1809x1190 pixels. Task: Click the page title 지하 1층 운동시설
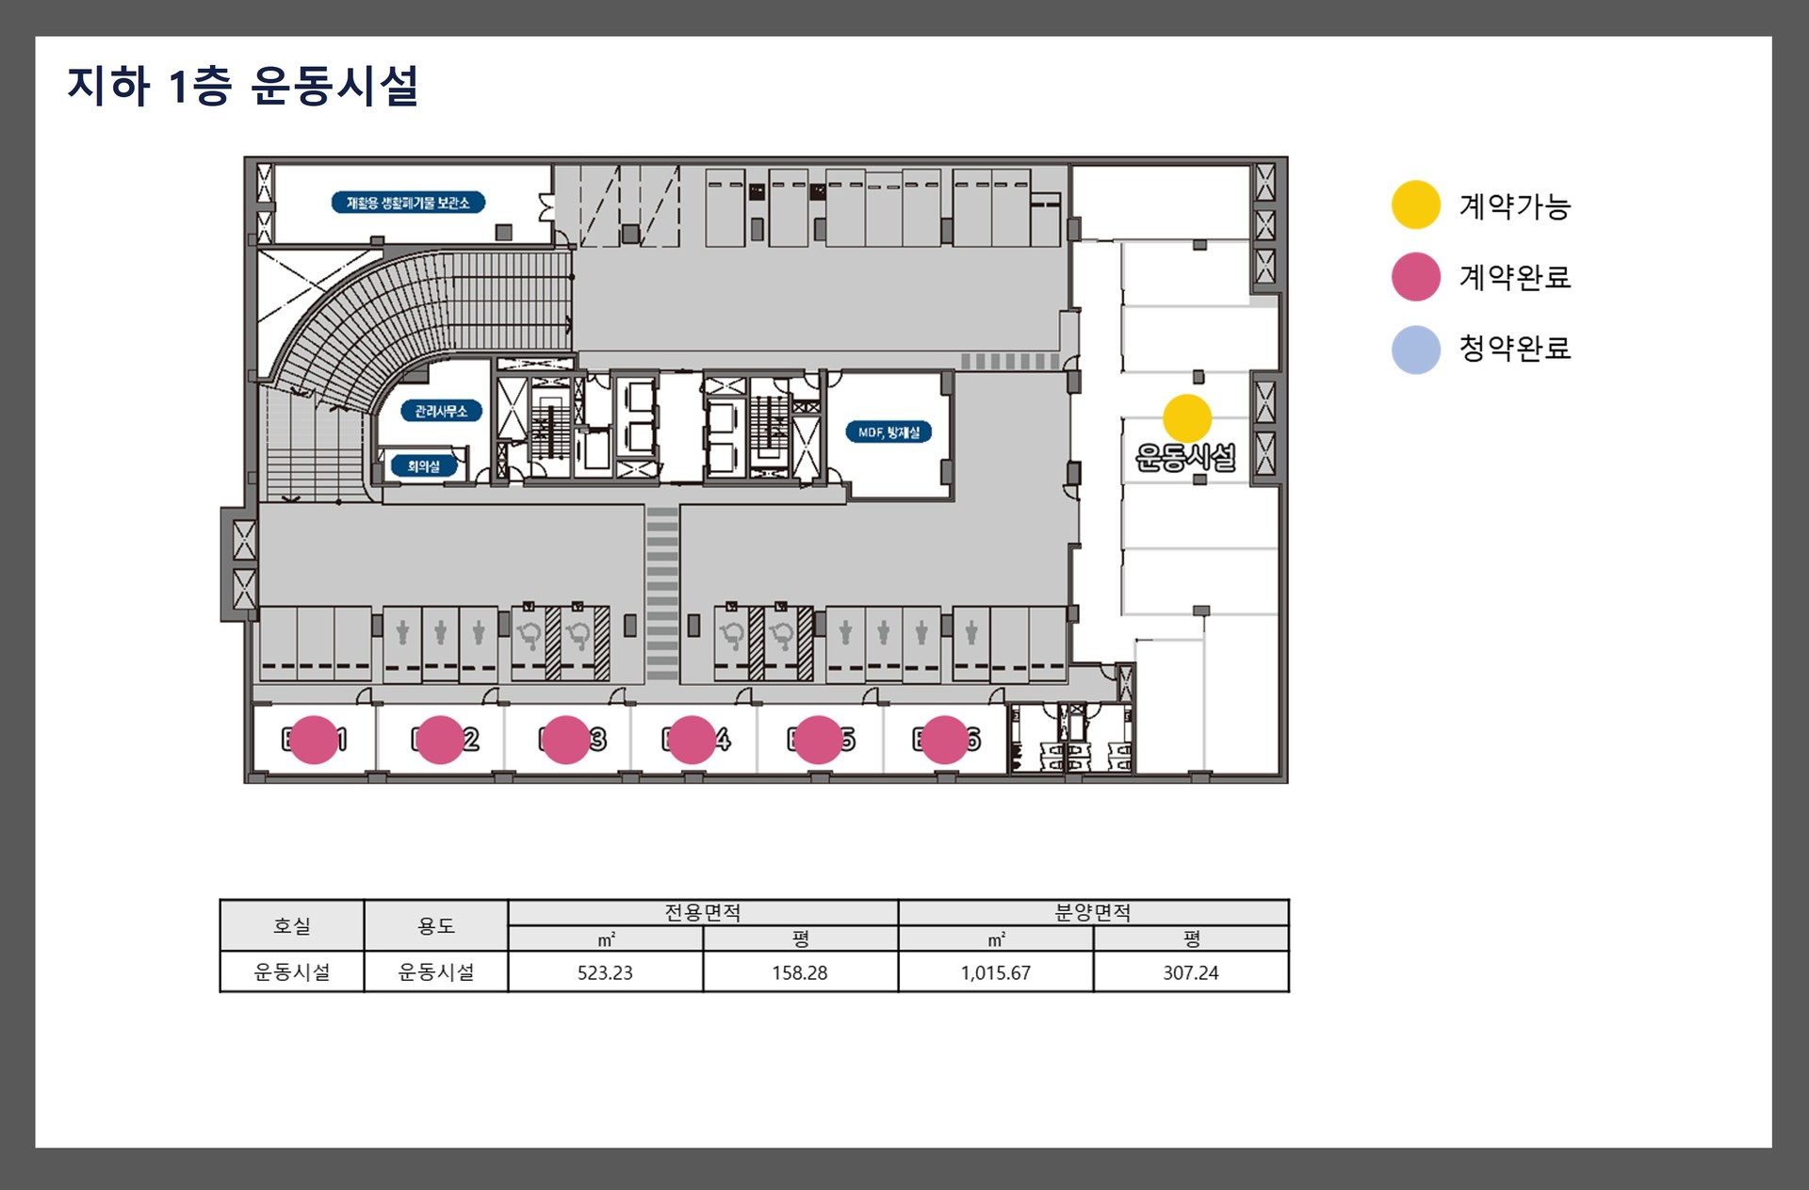242,86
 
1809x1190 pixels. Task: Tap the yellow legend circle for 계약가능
1415,204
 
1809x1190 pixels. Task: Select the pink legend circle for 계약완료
1415,276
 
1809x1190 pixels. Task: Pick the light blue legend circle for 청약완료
1415,349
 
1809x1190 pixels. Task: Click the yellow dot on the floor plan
1186,418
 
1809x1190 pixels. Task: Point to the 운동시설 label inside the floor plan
1185,458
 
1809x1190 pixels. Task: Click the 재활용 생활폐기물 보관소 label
408,203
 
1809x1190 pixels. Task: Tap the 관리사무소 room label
441,411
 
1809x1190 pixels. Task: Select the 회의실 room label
423,466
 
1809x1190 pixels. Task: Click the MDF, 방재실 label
888,432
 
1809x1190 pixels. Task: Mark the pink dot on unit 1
313,740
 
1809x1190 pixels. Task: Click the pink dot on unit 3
565,740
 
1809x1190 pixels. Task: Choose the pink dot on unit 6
944,740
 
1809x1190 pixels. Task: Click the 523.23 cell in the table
605,972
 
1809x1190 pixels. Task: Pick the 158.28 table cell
800,972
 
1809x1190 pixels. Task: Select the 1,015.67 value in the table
996,972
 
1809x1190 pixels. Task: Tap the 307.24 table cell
1190,972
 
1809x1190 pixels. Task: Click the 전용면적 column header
703,912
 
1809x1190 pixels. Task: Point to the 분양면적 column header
1093,912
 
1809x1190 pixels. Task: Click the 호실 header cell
292,925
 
